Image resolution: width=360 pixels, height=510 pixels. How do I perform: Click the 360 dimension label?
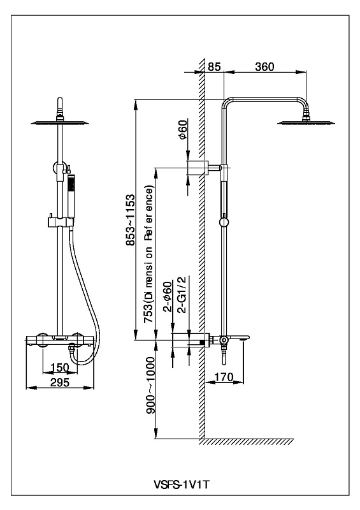click(264, 66)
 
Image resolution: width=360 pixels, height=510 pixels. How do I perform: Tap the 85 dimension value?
click(214, 66)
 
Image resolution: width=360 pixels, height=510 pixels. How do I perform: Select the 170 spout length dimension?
click(224, 377)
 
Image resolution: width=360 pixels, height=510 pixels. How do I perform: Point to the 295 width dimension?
click(60, 382)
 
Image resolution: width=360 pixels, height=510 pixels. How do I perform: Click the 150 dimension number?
click(60, 368)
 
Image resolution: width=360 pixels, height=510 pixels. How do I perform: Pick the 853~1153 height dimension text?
click(130, 220)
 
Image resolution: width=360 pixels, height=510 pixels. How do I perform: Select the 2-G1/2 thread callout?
click(182, 295)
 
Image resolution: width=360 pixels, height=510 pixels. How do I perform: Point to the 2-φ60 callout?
click(168, 296)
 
